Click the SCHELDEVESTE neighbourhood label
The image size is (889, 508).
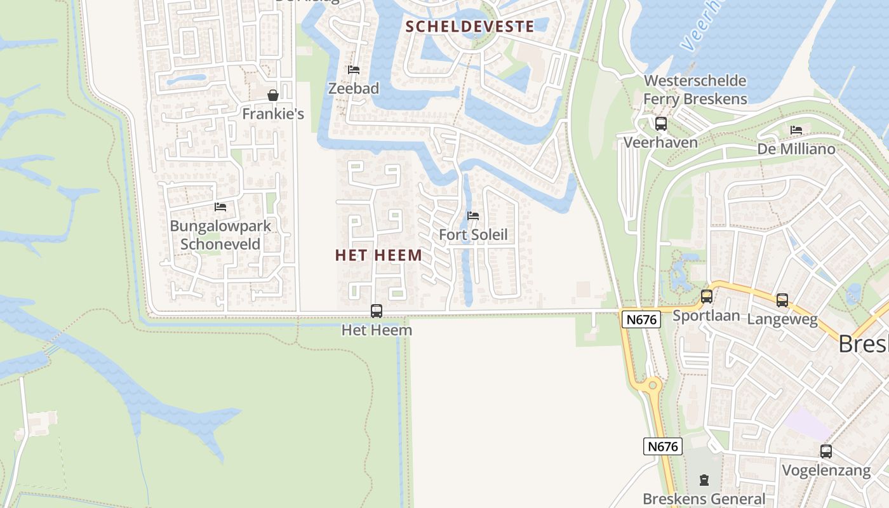tap(469, 27)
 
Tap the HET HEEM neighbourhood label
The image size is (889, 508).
tap(378, 255)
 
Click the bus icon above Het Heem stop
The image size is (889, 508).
tap(377, 311)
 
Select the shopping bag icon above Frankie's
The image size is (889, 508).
tap(273, 95)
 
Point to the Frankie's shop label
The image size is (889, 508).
tap(273, 114)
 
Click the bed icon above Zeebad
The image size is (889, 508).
tap(354, 69)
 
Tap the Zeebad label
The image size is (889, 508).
tap(354, 89)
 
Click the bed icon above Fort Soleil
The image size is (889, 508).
tap(473, 216)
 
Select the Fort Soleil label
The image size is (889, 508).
tap(473, 235)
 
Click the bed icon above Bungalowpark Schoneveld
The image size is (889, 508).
tap(220, 206)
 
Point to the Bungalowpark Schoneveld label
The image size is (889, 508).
tap(220, 235)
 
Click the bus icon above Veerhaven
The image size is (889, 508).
tap(661, 124)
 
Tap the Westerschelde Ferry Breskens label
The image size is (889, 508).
tap(695, 90)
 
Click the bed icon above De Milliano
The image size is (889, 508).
tap(796, 130)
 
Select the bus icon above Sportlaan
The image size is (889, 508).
tap(706, 297)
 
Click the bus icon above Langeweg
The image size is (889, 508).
tap(782, 300)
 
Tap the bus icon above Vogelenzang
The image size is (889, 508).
tap(826, 451)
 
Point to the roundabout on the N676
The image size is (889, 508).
tap(652, 385)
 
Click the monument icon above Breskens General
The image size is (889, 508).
tap(704, 480)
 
